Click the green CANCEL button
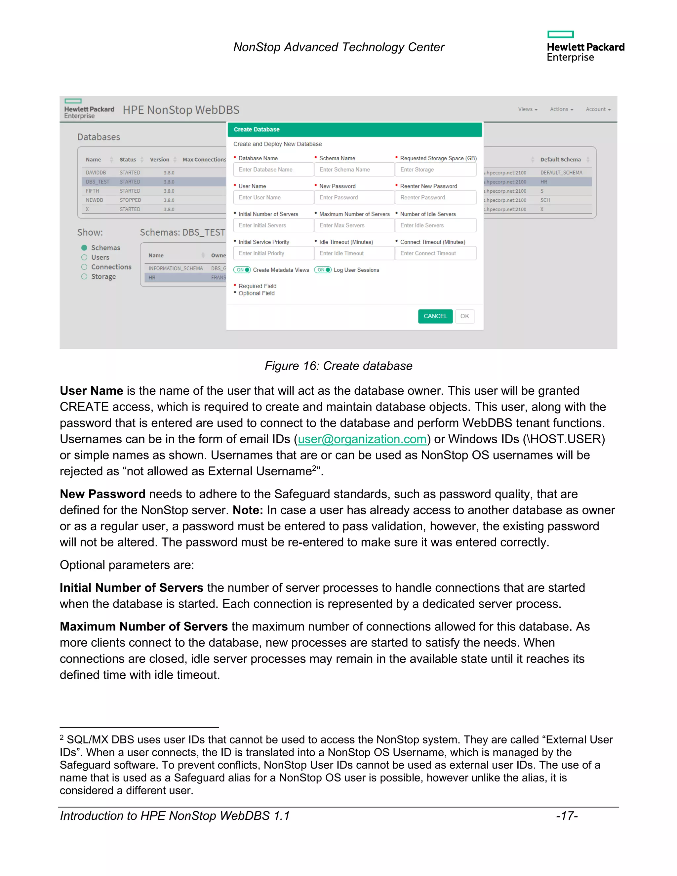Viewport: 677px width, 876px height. click(x=435, y=316)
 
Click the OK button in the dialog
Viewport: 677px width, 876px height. click(x=464, y=316)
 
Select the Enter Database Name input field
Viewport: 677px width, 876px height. click(x=273, y=170)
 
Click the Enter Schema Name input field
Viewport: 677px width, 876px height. click(x=354, y=170)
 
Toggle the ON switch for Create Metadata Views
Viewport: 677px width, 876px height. click(x=242, y=270)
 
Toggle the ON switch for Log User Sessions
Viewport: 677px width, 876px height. click(x=323, y=270)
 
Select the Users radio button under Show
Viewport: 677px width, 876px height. click(x=84, y=258)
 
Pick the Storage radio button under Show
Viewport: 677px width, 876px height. click(x=84, y=276)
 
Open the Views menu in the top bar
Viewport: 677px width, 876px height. click(x=527, y=109)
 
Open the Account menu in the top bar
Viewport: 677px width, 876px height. click(x=598, y=109)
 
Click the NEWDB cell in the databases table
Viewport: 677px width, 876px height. click(x=94, y=200)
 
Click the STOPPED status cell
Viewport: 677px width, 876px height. click(x=130, y=200)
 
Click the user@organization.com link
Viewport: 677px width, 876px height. click(x=362, y=439)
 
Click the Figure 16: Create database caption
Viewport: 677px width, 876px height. click(x=338, y=366)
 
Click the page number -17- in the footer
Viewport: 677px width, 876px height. click(x=567, y=816)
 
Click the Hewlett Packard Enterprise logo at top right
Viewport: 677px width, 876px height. click(x=585, y=47)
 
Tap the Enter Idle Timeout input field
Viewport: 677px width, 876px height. click(x=354, y=253)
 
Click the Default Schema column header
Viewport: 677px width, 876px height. click(x=560, y=160)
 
